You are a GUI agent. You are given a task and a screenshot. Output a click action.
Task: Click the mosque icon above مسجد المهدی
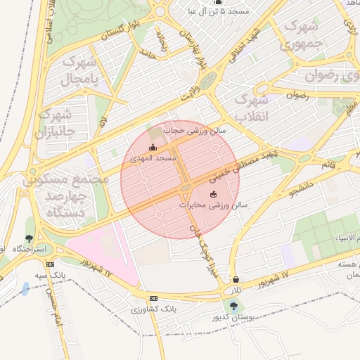tap(153, 147)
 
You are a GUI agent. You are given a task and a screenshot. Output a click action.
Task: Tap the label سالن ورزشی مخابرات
tap(205, 205)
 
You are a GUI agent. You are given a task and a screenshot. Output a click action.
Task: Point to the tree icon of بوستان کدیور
tap(233, 306)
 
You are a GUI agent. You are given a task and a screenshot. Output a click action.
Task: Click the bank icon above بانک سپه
tap(50, 264)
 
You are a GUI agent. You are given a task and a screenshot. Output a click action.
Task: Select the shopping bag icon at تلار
tap(235, 279)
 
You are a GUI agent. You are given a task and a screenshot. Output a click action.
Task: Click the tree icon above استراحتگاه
tap(29, 239)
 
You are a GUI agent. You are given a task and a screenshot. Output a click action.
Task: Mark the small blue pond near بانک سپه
tap(26, 288)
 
